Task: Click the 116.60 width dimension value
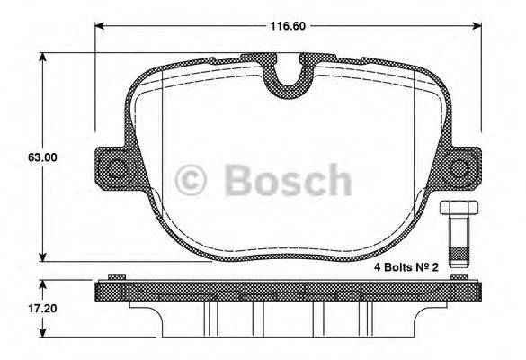288,27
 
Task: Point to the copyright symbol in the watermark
190,179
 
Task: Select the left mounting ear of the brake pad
110,168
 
